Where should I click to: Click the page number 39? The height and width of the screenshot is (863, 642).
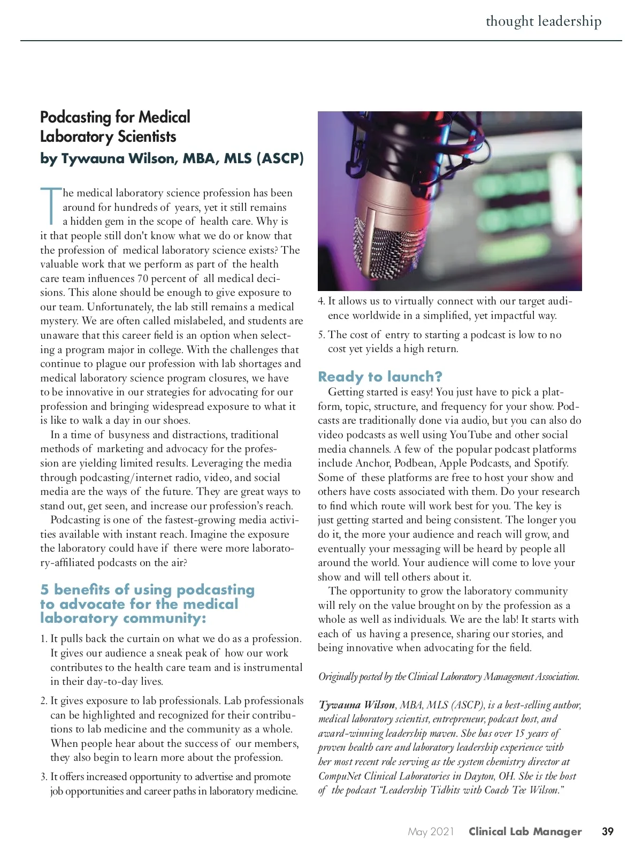pyautogui.click(x=607, y=831)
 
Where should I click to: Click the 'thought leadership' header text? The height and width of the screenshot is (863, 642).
pyautogui.click(x=543, y=21)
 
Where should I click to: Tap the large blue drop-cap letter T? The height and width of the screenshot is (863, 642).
pyautogui.click(x=51, y=206)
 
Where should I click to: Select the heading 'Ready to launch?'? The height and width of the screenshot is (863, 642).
pyautogui.click(x=380, y=377)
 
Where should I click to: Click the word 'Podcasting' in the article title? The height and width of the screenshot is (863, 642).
pyautogui.click(x=75, y=117)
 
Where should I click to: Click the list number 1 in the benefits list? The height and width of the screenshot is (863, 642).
pyautogui.click(x=43, y=639)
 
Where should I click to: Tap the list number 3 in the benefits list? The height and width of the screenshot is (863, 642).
pyautogui.click(x=43, y=777)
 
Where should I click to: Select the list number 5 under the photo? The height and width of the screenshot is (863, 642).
pyautogui.click(x=321, y=335)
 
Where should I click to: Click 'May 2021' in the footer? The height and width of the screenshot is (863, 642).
pyautogui.click(x=431, y=832)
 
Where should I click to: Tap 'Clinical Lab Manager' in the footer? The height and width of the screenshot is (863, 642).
pyautogui.click(x=525, y=832)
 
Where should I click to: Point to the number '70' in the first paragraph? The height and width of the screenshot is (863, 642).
pyautogui.click(x=143, y=279)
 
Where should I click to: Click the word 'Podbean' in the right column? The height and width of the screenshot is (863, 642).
pyautogui.click(x=414, y=463)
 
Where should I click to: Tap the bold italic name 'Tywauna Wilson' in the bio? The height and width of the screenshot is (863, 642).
pyautogui.click(x=357, y=705)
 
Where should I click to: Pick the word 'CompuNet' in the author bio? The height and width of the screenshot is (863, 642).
pyautogui.click(x=339, y=776)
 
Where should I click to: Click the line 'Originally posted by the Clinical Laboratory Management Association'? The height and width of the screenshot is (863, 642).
pyautogui.click(x=448, y=677)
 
